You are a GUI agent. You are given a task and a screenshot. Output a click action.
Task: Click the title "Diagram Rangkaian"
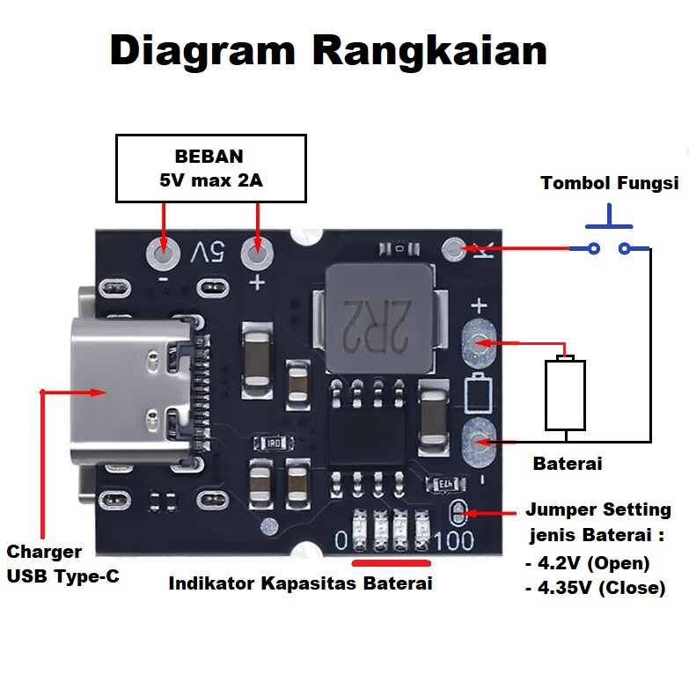point(328,51)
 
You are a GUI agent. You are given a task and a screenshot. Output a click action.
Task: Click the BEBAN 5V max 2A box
point(211,169)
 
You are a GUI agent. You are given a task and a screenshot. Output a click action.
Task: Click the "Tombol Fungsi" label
point(609,183)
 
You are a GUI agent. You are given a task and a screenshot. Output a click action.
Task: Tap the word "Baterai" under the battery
point(568,463)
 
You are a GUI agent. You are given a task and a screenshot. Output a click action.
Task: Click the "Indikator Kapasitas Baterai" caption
point(300,583)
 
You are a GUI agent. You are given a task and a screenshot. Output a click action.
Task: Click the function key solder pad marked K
point(455,250)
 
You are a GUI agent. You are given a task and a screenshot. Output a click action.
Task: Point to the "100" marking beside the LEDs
point(453,539)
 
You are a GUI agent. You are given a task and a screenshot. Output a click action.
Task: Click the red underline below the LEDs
point(390,562)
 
